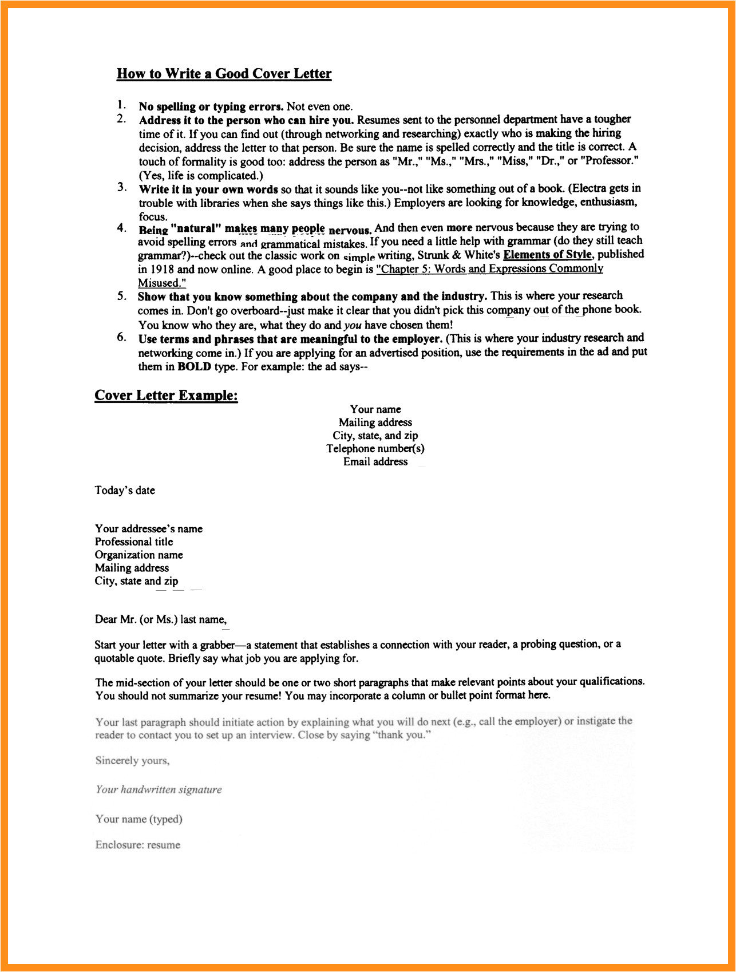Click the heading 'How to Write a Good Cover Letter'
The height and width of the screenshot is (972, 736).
[x=224, y=74]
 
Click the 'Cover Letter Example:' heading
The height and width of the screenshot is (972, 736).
[x=166, y=396]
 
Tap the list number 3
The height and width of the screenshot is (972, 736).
[x=121, y=187]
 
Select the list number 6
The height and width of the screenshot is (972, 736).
[x=121, y=337]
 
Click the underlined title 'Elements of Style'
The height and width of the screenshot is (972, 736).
[x=548, y=255]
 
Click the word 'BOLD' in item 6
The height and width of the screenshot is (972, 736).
[x=194, y=366]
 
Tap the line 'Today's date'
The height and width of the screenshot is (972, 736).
[x=125, y=491]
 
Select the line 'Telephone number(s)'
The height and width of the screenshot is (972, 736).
[x=375, y=449]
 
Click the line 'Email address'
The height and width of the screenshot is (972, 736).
[x=375, y=462]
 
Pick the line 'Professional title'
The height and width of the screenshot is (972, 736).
[x=134, y=542]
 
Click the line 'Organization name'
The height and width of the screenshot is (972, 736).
[x=139, y=555]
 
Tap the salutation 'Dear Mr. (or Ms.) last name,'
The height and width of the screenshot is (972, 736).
[x=161, y=619]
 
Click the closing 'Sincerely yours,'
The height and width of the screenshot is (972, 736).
[x=132, y=761]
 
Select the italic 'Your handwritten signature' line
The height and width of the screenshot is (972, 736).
[x=159, y=790]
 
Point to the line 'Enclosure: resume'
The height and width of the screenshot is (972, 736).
[x=138, y=845]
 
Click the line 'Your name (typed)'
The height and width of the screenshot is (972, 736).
[x=139, y=819]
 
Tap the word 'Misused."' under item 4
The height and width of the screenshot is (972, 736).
[x=162, y=283]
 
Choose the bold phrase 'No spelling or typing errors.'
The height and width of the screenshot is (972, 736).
[x=211, y=106]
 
